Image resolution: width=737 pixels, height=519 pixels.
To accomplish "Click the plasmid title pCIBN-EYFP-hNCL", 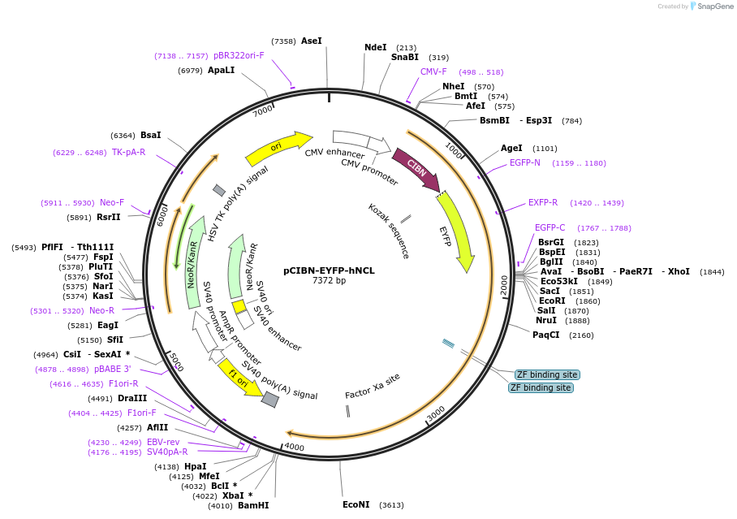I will pos(329,270).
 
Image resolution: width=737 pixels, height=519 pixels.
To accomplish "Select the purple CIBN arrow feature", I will pos(416,169).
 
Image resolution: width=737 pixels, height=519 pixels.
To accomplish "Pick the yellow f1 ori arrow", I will pos(239,378).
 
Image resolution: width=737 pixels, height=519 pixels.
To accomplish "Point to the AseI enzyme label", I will pos(312,41).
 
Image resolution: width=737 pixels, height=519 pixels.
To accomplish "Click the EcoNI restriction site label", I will pos(356,504).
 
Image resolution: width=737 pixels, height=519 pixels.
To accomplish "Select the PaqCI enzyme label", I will pos(546,335).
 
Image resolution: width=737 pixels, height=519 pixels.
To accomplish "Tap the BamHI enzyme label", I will pos(253,505).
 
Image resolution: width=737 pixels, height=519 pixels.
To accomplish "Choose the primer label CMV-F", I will pos(433,71).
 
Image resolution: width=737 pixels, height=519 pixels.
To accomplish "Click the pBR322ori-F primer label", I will pos(239,56).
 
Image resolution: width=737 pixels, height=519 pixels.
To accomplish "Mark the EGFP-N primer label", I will pos(525,162).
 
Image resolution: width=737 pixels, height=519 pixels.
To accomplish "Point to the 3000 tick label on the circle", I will pos(437,413).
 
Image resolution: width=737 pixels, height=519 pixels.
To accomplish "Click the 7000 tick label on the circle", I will pos(263,110).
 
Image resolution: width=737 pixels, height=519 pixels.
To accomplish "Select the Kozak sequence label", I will pos(388,231).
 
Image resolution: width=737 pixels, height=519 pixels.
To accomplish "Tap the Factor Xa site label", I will pos(373,386).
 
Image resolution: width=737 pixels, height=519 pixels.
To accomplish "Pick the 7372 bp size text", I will pos(329,281).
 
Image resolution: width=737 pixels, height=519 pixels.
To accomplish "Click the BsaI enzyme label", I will pos(151,135).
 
